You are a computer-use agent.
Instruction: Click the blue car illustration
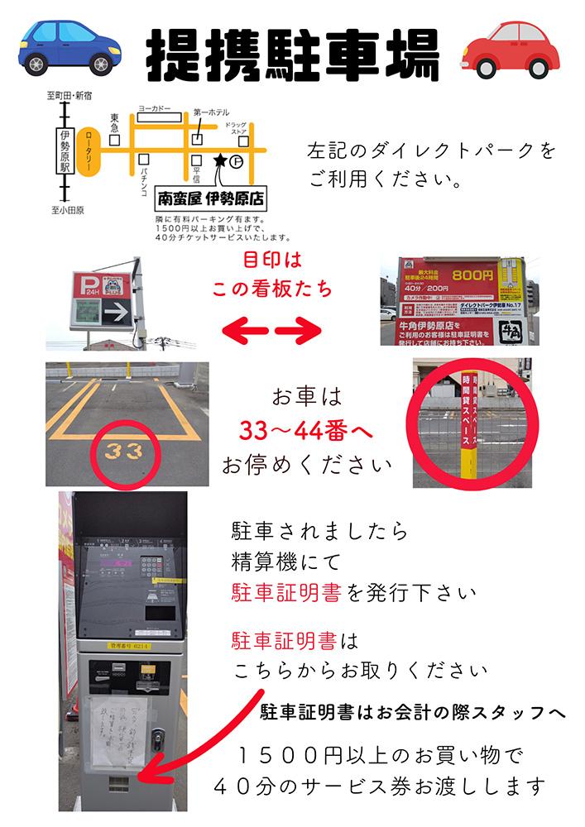click(70, 47)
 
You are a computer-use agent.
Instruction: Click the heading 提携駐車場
click(292, 53)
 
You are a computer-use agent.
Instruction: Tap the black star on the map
click(220, 160)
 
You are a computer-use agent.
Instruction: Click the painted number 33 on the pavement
click(123, 451)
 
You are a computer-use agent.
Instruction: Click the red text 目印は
click(272, 261)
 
